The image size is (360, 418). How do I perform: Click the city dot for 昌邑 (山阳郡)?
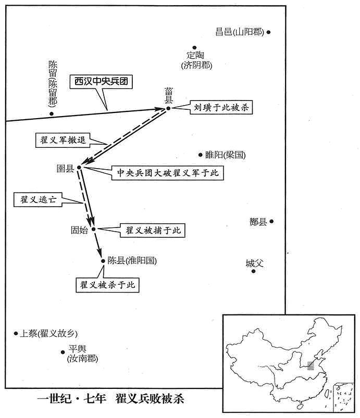pos(268,32)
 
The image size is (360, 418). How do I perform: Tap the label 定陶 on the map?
pos(195,55)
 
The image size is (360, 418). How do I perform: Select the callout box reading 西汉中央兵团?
pos(101,82)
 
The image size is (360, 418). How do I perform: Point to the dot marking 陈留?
pos(52,114)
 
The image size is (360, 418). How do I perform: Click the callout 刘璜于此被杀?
pos(221,107)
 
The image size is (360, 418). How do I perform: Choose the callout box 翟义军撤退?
pos(63,140)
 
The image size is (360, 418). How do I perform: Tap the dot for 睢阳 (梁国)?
pos(200,155)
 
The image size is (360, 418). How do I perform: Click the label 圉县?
pos(65,168)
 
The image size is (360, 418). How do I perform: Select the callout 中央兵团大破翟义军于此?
pos(168,173)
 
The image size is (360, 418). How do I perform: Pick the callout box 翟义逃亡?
pos(38,199)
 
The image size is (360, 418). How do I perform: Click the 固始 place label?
pos(79,230)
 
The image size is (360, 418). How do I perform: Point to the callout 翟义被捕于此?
pos(153,230)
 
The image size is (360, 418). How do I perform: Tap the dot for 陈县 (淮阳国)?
pos(103,261)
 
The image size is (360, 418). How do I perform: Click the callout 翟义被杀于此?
pos(107,285)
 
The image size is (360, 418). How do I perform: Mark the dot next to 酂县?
pos(271,221)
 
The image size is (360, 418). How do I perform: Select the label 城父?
pos(254,263)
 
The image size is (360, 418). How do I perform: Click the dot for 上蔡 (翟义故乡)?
pos(16,333)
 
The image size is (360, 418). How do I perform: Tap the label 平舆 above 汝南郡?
pos(77,349)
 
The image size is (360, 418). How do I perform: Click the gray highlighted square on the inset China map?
pos(311,366)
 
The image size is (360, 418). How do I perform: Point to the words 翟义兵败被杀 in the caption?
pos(150,399)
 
